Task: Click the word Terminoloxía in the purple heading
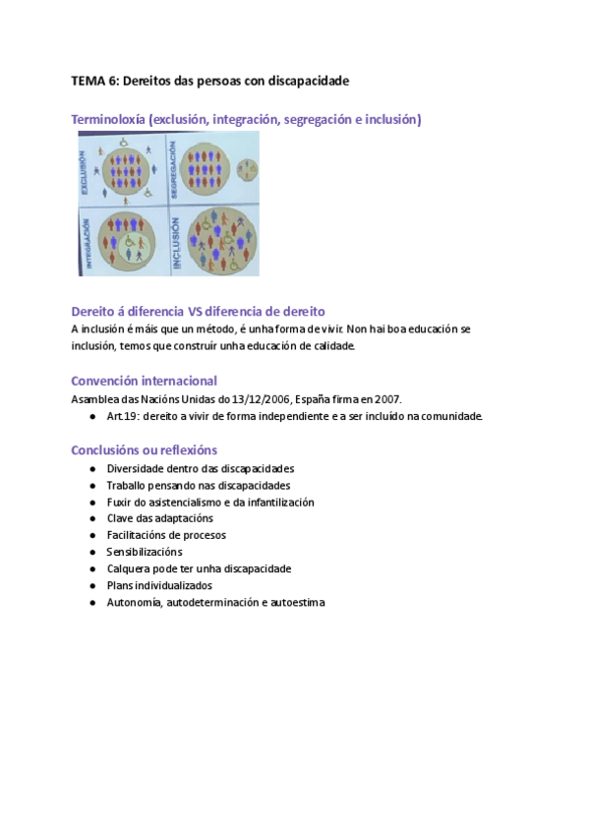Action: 109,120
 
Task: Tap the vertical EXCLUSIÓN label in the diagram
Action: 88,171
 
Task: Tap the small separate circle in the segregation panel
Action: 249,170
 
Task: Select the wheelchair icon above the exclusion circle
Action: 125,141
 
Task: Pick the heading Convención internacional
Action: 145,381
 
